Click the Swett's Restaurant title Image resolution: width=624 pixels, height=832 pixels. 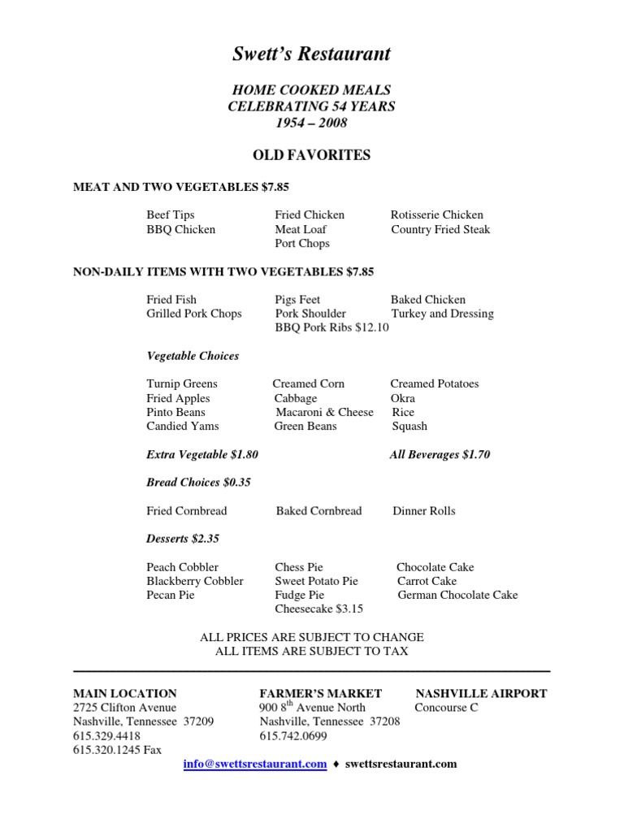point(312,54)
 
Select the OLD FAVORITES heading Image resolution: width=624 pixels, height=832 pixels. point(312,155)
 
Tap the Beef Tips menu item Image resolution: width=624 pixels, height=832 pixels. point(171,215)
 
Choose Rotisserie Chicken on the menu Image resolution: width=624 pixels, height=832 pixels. point(437,215)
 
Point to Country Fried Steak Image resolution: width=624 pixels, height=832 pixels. point(440,230)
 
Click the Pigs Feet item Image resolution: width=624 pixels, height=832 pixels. point(298,300)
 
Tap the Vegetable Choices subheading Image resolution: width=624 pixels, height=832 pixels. point(193,356)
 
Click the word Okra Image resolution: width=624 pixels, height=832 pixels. point(403,399)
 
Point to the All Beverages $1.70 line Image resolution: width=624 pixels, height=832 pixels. point(440,455)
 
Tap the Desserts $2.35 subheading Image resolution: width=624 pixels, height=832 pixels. point(183,539)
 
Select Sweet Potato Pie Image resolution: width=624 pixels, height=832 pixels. point(316,582)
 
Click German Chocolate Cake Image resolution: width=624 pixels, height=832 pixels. point(457,596)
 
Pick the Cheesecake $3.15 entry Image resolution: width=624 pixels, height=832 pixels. point(318,609)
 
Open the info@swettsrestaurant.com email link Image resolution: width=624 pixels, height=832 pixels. point(255,764)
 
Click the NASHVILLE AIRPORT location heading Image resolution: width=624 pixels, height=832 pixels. point(481,694)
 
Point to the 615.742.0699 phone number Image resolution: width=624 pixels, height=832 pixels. point(293,736)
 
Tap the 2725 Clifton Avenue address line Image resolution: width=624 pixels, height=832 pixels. point(124,708)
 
